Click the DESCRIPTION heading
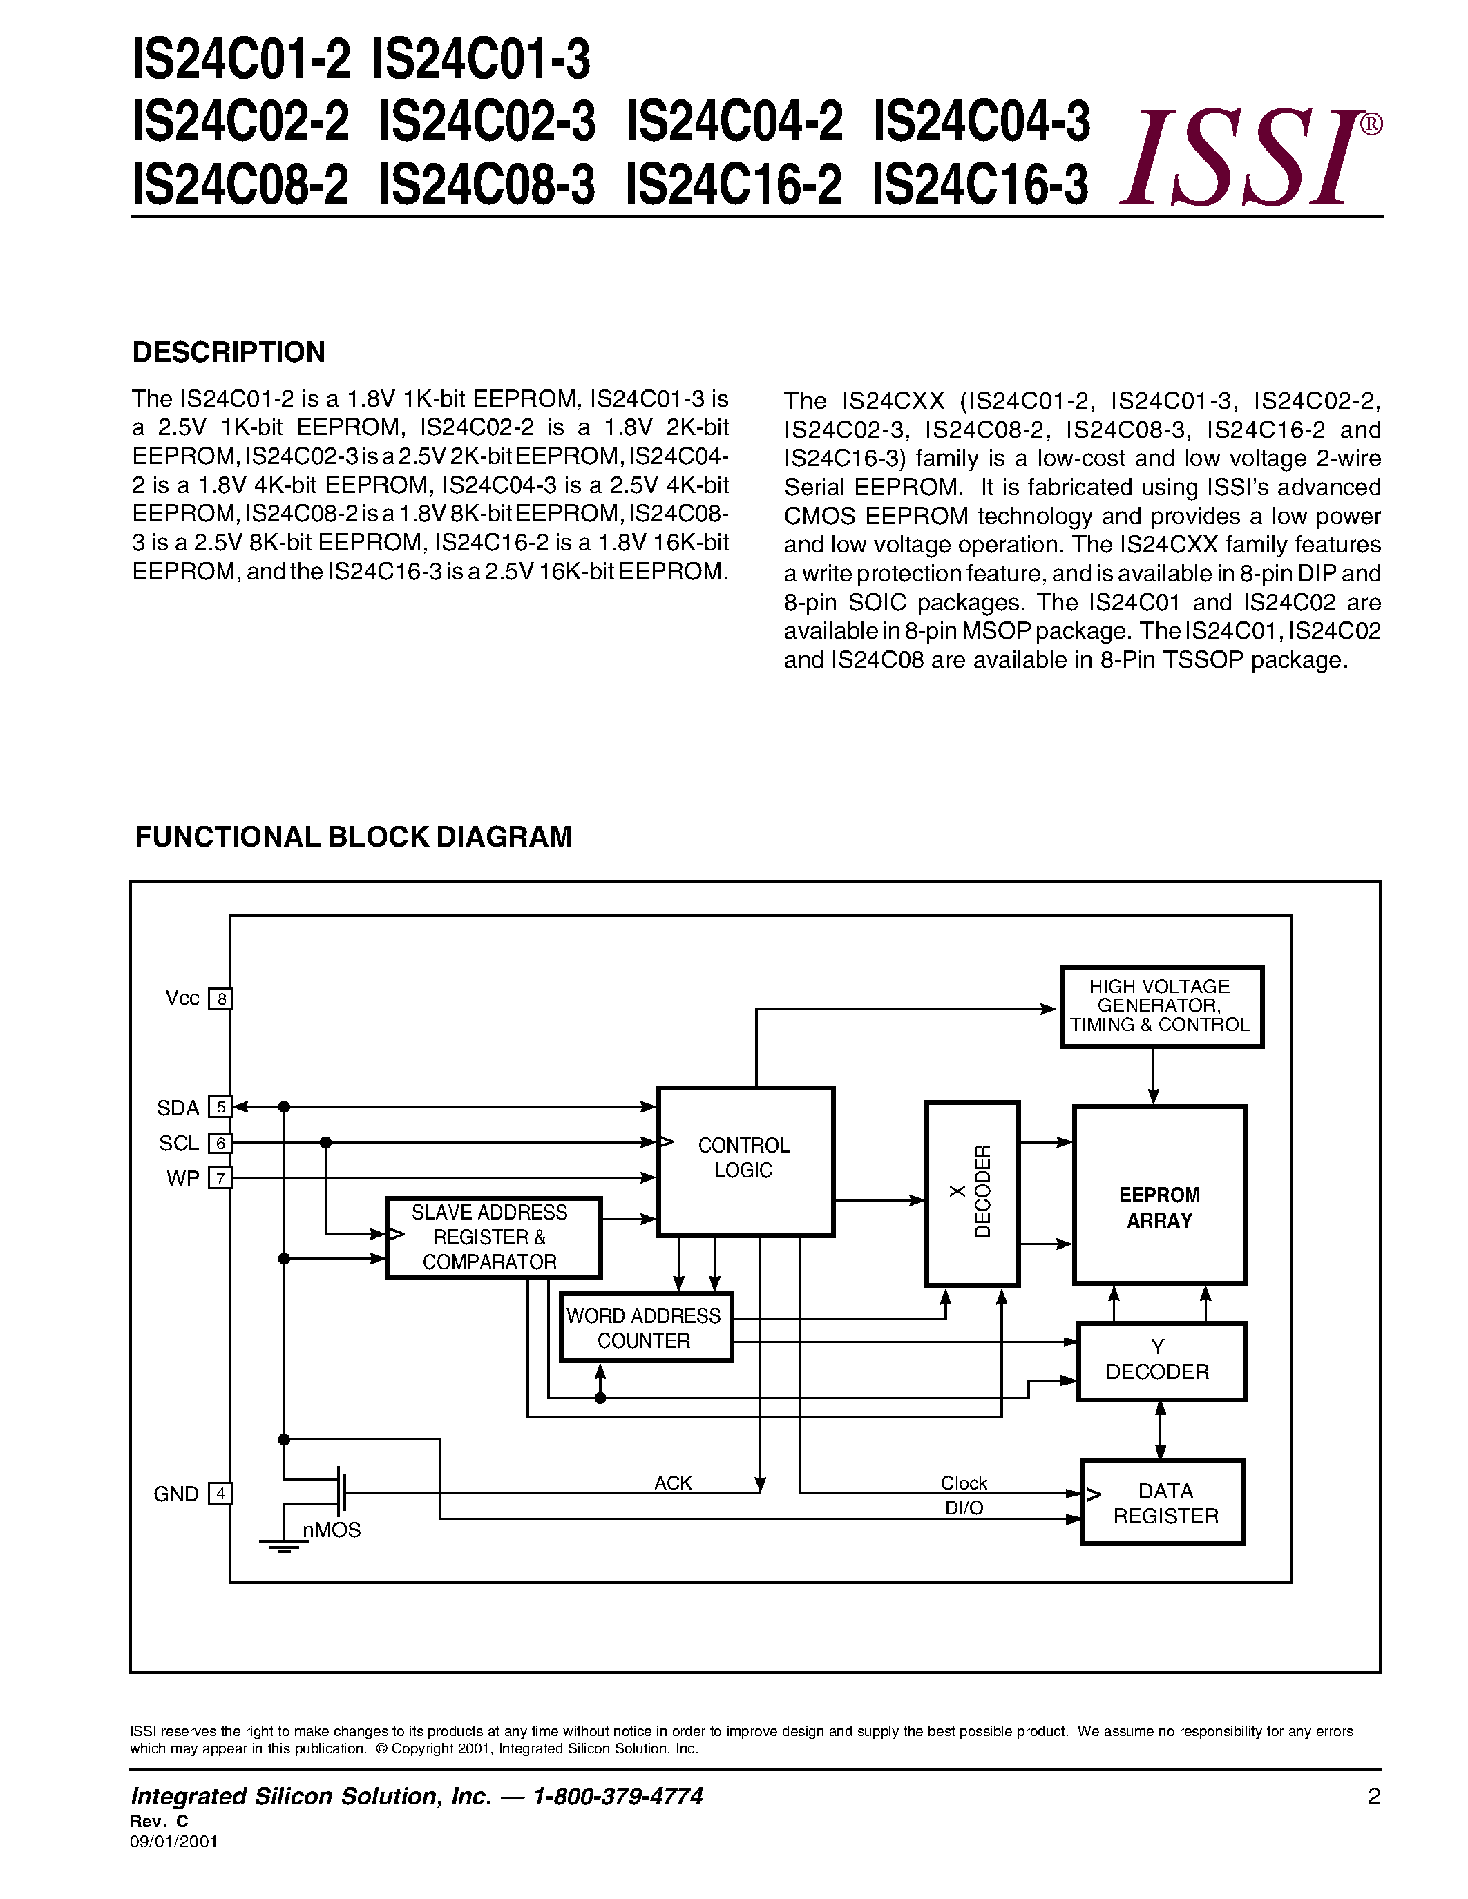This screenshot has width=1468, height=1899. coord(229,352)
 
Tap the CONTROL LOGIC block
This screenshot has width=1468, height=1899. coord(745,1161)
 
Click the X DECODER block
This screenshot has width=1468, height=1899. coord(971,1193)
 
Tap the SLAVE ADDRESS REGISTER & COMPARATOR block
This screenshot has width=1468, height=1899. coord(493,1237)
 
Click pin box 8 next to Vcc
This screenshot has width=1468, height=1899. coord(222,999)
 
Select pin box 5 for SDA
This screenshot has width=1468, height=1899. coord(221,1107)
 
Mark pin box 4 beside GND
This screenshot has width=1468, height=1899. coord(221,1494)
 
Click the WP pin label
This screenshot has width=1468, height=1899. coord(182,1178)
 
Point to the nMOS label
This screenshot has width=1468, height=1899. coord(332,1530)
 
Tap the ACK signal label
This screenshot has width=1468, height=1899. coord(672,1483)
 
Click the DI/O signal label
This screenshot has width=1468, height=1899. coord(964,1507)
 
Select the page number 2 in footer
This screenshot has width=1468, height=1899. coord(1373,1796)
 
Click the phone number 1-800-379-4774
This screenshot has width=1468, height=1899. coord(618,1796)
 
